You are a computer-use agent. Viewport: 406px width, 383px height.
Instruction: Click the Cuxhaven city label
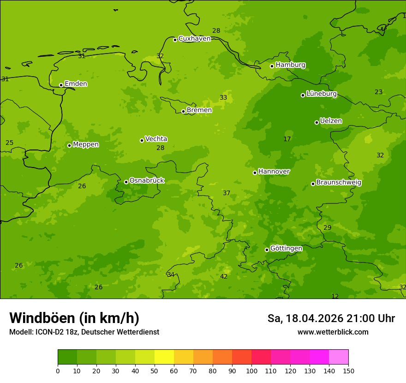(194, 39)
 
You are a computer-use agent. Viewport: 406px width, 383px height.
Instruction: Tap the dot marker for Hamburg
(272, 66)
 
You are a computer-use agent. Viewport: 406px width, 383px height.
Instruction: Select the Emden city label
(76, 84)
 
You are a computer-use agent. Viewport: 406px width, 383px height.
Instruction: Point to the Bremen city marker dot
(183, 111)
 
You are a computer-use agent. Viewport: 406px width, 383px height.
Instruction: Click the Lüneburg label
(321, 94)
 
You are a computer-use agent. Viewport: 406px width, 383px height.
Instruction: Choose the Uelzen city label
(331, 121)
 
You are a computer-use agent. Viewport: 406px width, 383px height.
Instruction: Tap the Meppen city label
(86, 144)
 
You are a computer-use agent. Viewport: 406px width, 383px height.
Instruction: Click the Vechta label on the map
(156, 139)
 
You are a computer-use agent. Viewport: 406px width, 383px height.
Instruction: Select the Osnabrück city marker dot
(126, 182)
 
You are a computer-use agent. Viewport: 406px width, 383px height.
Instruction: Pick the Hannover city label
(274, 172)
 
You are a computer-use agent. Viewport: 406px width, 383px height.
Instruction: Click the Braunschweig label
(339, 183)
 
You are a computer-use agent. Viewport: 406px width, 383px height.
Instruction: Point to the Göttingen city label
(286, 249)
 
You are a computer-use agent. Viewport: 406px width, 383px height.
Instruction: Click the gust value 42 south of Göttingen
(224, 277)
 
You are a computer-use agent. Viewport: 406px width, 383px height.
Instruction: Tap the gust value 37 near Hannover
(227, 193)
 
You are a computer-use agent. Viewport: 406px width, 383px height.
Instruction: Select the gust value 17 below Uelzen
(287, 139)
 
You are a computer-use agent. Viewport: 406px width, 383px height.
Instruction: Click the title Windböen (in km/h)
(74, 318)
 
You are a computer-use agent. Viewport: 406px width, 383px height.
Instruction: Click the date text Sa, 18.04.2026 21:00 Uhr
(331, 318)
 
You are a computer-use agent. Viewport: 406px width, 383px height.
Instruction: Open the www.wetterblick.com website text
(333, 332)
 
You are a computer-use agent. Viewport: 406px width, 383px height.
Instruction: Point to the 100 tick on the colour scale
(251, 371)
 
